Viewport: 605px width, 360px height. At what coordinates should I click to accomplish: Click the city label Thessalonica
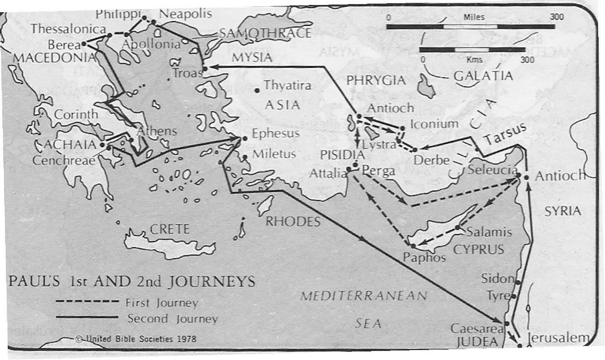pyautogui.click(x=68, y=28)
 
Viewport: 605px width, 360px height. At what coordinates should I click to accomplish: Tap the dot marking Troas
pyautogui.click(x=205, y=68)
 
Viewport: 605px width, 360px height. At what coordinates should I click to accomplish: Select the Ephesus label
pyautogui.click(x=276, y=134)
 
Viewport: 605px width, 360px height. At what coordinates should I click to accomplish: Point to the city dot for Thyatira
pyautogui.click(x=257, y=90)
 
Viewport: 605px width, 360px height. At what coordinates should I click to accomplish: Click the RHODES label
pyautogui.click(x=293, y=222)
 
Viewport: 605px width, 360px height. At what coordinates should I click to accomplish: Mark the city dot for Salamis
pyautogui.click(x=457, y=227)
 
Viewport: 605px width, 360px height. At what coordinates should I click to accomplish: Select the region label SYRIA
pyautogui.click(x=562, y=211)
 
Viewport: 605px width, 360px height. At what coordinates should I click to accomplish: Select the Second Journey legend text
pyautogui.click(x=172, y=319)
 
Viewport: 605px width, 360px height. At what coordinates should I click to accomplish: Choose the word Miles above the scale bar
pyautogui.click(x=474, y=17)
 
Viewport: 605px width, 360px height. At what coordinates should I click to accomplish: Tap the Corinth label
pyautogui.click(x=76, y=115)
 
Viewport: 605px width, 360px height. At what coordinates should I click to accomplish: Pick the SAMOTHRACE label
pyautogui.click(x=266, y=33)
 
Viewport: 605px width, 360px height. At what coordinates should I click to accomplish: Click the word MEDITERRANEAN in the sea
pyautogui.click(x=364, y=296)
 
